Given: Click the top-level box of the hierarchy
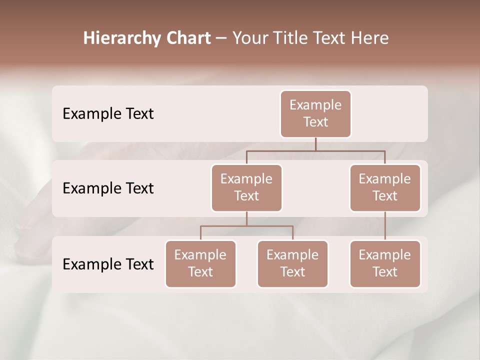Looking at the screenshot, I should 315,113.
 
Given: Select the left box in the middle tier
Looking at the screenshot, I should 246,187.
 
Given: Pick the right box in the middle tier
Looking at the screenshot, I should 385,187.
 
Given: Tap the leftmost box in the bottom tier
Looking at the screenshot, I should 200,263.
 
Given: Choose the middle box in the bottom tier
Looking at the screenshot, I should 292,263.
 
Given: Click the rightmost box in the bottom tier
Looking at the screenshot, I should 385,263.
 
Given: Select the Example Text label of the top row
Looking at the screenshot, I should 108,114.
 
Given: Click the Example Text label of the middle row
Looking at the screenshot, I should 108,188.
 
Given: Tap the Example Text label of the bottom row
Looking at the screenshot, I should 108,264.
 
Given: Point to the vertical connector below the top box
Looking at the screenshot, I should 315,144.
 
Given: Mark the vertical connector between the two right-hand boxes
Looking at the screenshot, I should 385,226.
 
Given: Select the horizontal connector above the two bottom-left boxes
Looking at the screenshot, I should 246,226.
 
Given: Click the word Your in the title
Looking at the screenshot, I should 248,38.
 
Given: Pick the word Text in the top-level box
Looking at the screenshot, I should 315,122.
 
